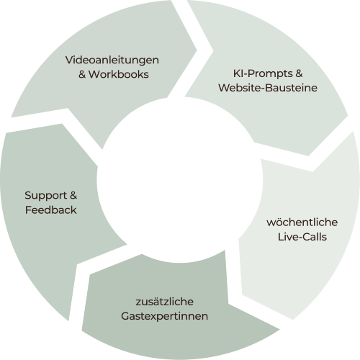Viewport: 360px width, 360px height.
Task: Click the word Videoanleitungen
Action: tap(112, 59)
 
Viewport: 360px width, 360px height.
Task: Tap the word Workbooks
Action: tap(118, 73)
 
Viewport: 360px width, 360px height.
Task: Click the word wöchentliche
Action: tap(302, 222)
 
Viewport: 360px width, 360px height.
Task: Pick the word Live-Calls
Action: tap(302, 236)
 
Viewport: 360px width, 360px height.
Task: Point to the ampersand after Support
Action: tap(73, 195)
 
